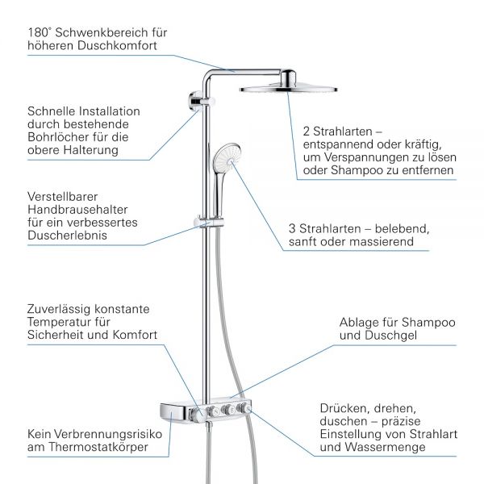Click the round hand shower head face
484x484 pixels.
coord(227,158)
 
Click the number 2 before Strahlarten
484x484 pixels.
coord(307,130)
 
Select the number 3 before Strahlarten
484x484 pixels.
coord(292,228)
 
